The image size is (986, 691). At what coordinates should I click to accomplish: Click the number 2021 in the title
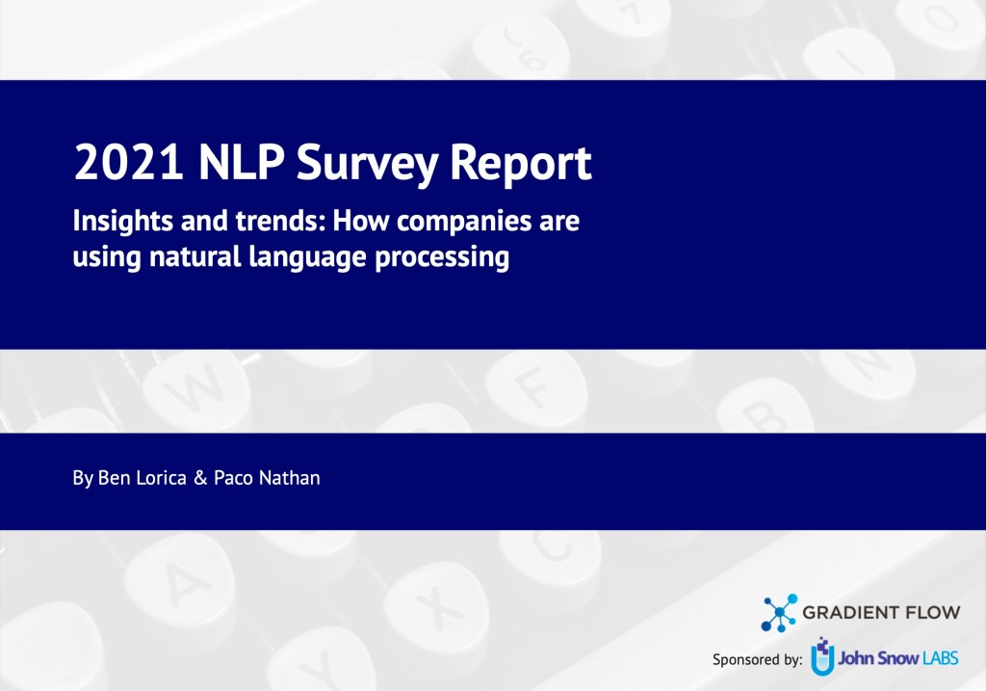click(x=129, y=165)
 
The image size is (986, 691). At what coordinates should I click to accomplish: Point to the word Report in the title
click(x=520, y=165)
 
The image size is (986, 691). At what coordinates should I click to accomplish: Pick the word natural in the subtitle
click(x=189, y=258)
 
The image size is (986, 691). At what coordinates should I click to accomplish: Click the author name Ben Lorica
click(x=130, y=478)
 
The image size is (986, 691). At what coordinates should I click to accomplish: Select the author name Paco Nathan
click(x=267, y=478)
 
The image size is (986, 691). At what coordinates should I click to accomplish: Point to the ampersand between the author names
click(x=200, y=478)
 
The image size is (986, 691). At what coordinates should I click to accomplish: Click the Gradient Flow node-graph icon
click(x=779, y=613)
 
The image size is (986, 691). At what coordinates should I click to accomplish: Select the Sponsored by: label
click(x=757, y=660)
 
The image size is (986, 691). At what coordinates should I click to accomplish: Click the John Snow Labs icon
click(x=821, y=655)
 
